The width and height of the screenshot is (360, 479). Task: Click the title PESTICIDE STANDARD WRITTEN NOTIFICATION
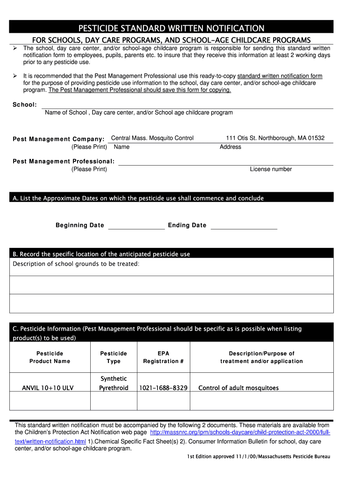(171, 28)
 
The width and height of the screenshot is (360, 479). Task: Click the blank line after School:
(187, 106)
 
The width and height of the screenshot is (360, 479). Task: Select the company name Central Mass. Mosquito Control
(152, 138)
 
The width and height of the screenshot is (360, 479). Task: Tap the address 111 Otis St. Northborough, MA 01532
(275, 138)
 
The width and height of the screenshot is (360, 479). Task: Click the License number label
(271, 169)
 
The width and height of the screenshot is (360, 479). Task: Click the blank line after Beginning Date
(136, 226)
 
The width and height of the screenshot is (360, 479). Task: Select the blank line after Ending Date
(244, 226)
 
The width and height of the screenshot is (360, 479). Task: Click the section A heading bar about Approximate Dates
(171, 198)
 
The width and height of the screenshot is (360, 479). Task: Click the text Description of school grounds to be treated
(76, 264)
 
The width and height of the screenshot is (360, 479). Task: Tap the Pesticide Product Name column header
(50, 357)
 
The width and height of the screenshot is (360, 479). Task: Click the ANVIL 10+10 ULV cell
(48, 388)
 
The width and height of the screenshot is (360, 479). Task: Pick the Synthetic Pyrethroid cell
(114, 383)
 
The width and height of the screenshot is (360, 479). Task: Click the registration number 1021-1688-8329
(163, 388)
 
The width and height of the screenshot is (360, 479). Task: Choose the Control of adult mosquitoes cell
(238, 388)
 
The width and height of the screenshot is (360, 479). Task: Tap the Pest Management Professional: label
(64, 161)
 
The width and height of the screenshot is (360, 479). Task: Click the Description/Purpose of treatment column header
(261, 357)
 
